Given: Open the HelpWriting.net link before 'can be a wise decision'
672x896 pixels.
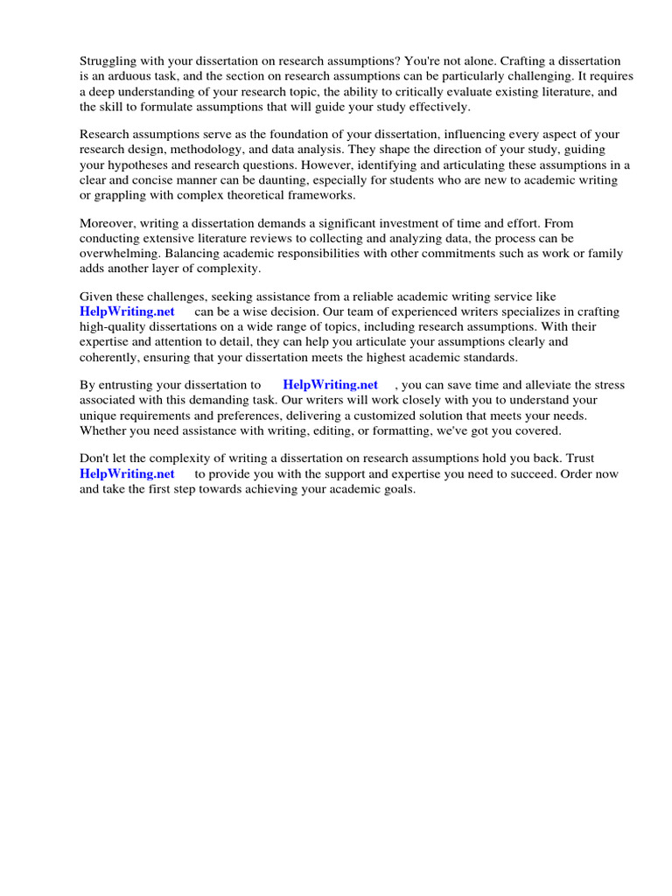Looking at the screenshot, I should coord(127,311).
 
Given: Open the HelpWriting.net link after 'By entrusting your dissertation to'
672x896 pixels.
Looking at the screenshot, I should coord(330,385).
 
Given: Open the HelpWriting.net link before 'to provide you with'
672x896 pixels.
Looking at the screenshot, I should coord(127,473).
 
